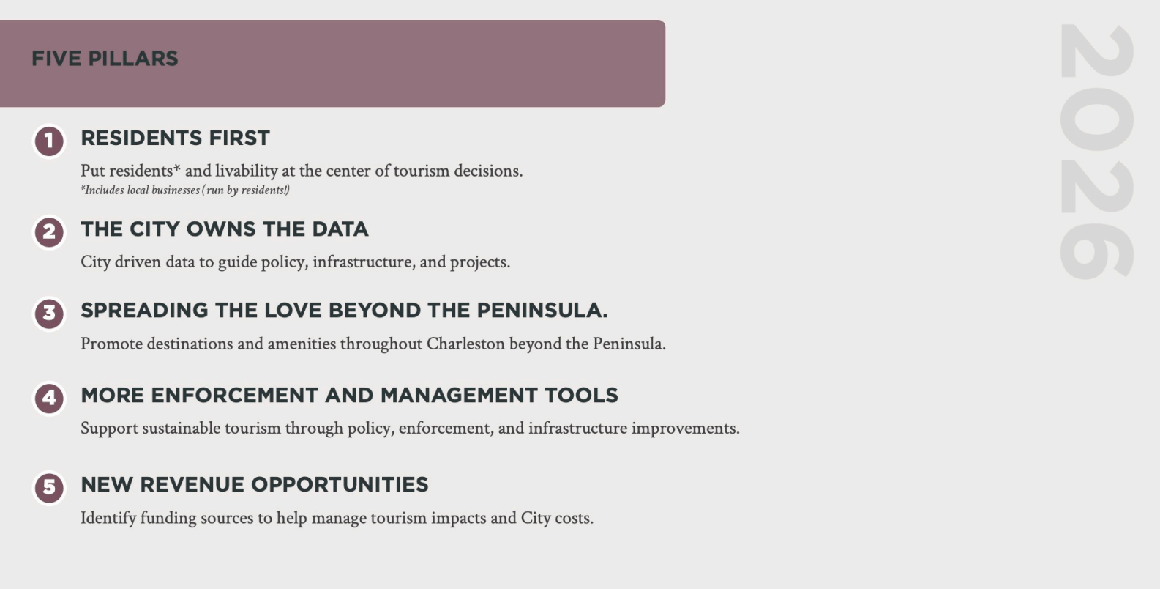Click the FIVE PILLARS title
pos(105,59)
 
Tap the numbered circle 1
pos(49,141)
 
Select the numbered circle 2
pos(49,231)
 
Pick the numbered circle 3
pos(49,313)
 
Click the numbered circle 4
pos(49,399)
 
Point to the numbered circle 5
pos(49,487)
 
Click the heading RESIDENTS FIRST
pos(175,138)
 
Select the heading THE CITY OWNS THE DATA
pos(225,229)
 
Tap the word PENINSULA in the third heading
pos(542,311)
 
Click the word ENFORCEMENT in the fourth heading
pos(234,396)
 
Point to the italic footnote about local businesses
pos(185,190)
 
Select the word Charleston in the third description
pos(465,344)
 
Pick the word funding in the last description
pos(168,518)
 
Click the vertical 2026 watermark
pos(1097,152)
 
